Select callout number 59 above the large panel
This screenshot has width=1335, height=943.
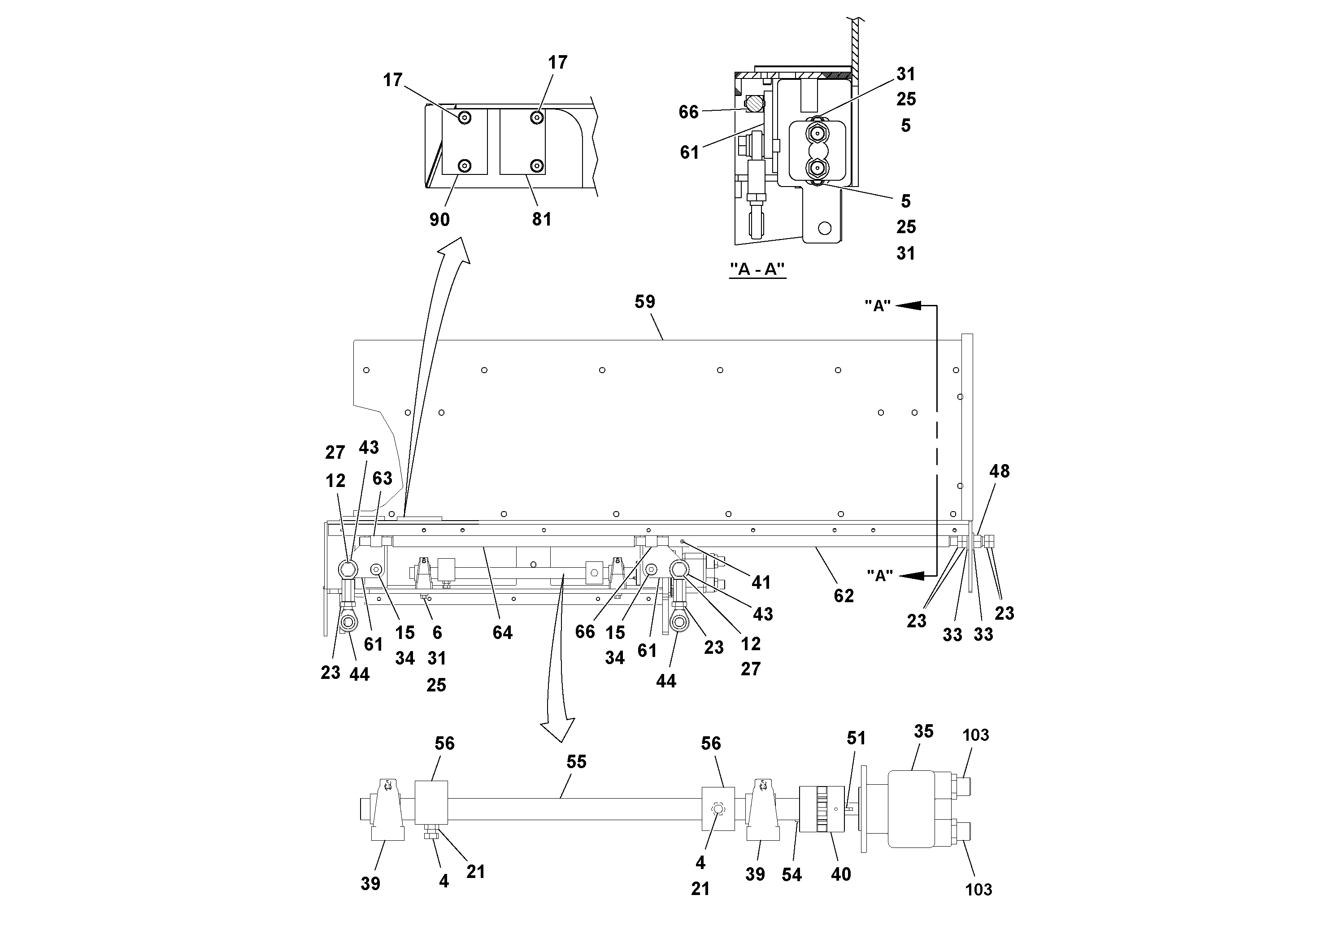point(644,302)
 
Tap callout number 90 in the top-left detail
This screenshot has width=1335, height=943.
point(439,220)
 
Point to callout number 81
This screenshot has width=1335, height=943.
point(541,219)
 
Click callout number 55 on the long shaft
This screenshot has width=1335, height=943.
point(576,762)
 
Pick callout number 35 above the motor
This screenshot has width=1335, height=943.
point(923,731)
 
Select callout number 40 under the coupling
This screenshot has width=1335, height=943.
point(841,874)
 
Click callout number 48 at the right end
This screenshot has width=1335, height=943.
point(999,472)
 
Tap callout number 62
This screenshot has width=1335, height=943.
point(843,596)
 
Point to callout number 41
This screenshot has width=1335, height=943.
point(761,582)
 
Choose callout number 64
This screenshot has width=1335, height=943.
point(502,633)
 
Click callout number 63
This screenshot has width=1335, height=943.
point(382,478)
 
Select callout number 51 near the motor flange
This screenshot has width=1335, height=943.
point(856,739)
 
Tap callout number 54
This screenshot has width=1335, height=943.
point(791,875)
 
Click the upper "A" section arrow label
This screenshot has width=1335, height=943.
point(878,306)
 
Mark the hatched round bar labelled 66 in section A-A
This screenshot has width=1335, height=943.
point(753,104)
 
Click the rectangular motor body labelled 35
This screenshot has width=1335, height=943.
point(910,809)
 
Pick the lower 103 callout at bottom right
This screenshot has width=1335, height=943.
point(978,890)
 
